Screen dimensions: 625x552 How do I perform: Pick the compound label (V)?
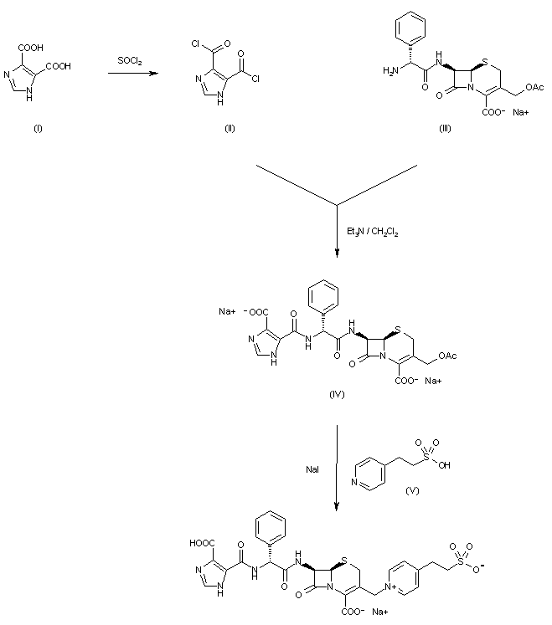tap(411, 490)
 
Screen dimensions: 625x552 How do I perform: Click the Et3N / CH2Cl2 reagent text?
tap(372, 232)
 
